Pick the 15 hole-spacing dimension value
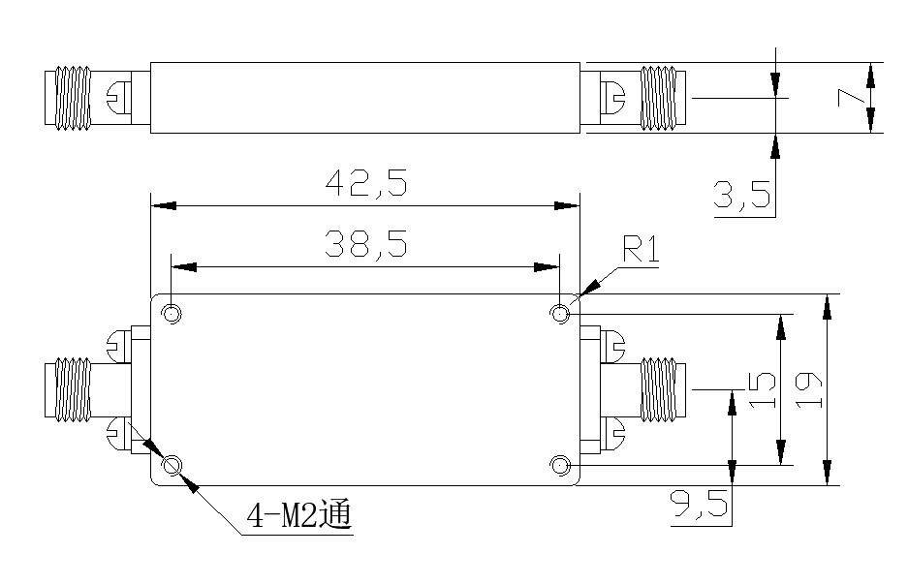tap(762, 389)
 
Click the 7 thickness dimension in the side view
tap(849, 97)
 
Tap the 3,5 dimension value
tap(742, 197)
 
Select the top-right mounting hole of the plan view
tap(559, 314)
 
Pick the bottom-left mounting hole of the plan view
tap(172, 467)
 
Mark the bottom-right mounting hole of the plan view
tap(559, 467)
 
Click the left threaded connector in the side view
tap(70, 97)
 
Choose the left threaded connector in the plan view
tap(70, 390)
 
